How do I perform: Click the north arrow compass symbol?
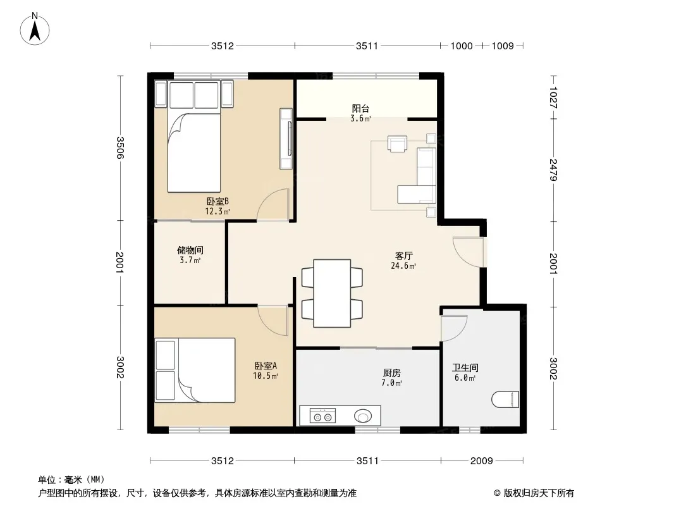pos(35,29)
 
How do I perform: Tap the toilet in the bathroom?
pos(505,399)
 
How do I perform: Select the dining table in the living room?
pos(332,293)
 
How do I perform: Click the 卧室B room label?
pos(218,201)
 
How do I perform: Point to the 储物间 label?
pos(190,250)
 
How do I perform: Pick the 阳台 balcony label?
pos(360,109)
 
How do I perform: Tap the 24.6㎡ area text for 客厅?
pos(403,266)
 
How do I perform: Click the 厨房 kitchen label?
pos(391,373)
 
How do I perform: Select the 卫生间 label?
pos(465,368)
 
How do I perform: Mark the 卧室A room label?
pos(266,366)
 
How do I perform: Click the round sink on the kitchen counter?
pos(363,416)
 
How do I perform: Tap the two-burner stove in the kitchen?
pos(322,416)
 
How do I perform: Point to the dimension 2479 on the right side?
pos(553,170)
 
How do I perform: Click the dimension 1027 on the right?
pos(553,97)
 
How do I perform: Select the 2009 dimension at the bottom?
pos(481,461)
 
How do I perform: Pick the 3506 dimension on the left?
pos(120,148)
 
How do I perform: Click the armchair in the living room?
pos(397,144)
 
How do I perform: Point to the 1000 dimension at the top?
pos(461,46)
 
